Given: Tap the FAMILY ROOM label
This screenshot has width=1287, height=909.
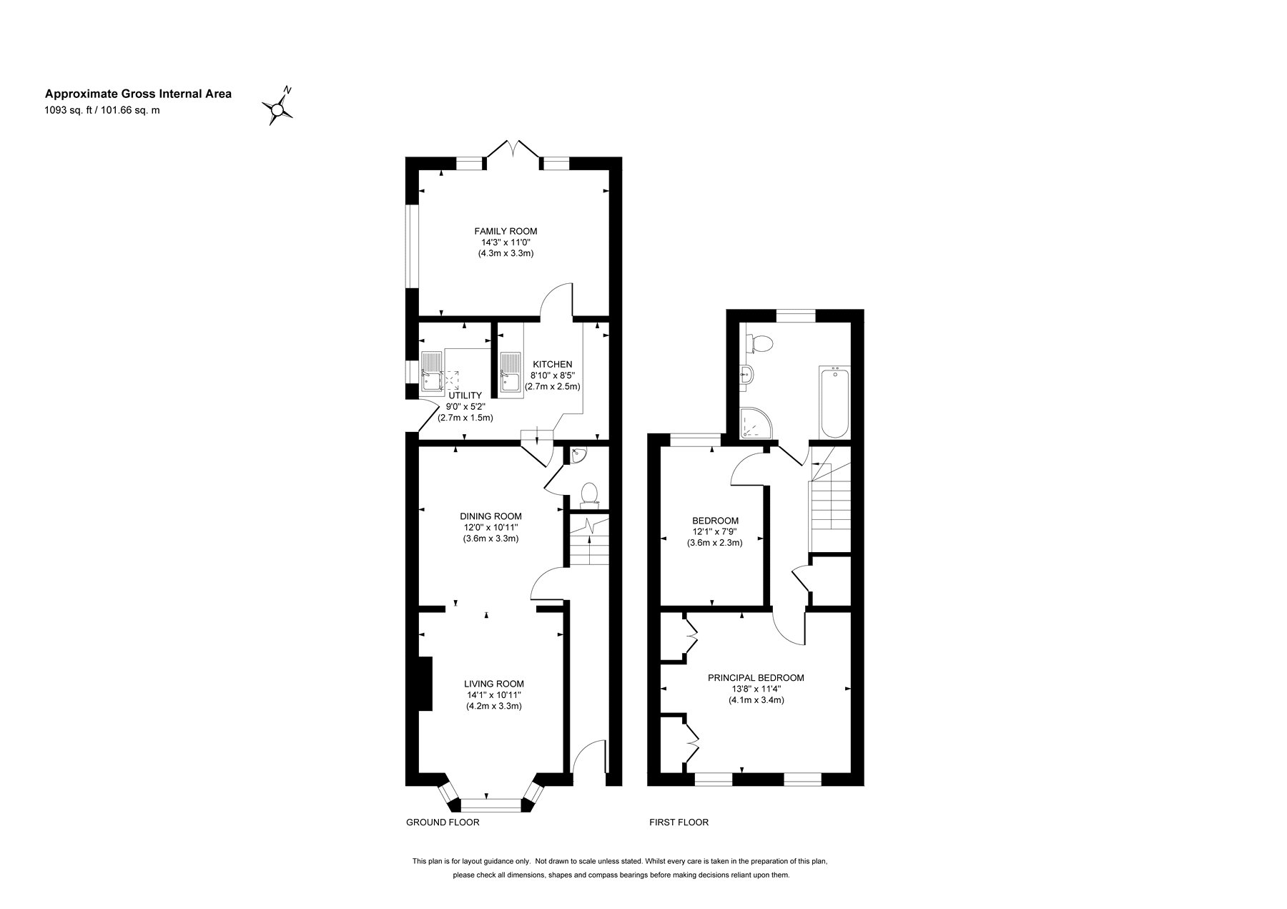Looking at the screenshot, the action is pyautogui.click(x=506, y=231).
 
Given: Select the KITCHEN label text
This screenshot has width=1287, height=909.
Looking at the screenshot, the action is pyautogui.click(x=552, y=364).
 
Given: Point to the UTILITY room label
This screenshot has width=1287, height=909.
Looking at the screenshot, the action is pyautogui.click(x=465, y=395).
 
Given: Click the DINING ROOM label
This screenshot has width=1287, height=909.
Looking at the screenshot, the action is pyautogui.click(x=490, y=516).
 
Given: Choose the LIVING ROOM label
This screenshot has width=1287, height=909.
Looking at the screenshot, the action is pyautogui.click(x=493, y=683).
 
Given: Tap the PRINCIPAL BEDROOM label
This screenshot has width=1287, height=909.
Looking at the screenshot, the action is pyautogui.click(x=756, y=678).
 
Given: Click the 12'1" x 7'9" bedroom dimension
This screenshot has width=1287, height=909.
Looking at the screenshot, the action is pyautogui.click(x=715, y=531).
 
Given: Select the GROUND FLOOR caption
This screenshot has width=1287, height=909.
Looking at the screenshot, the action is pyautogui.click(x=443, y=822).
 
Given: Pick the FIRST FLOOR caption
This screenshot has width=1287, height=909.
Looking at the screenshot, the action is pyautogui.click(x=679, y=822).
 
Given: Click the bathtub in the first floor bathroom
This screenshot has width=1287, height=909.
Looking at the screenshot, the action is pyautogui.click(x=835, y=402).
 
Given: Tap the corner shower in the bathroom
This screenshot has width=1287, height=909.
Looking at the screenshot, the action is pyautogui.click(x=755, y=423).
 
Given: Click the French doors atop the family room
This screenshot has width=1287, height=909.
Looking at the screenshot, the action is pyautogui.click(x=513, y=152).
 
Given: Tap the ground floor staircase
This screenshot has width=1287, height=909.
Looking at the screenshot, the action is pyautogui.click(x=588, y=541).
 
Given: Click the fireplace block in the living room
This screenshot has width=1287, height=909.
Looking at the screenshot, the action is pyautogui.click(x=424, y=684).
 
